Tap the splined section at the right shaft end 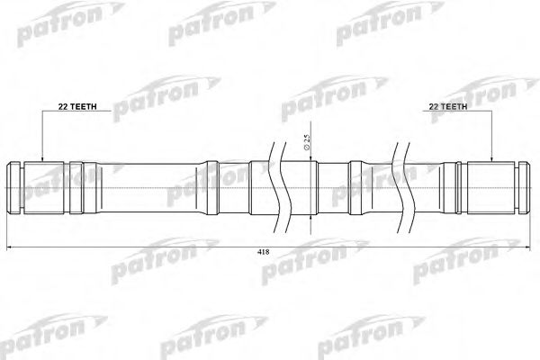tap(491, 186)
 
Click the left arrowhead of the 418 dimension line tap(10, 245)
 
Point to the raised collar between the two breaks tap(356, 186)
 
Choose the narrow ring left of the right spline tap(454, 186)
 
